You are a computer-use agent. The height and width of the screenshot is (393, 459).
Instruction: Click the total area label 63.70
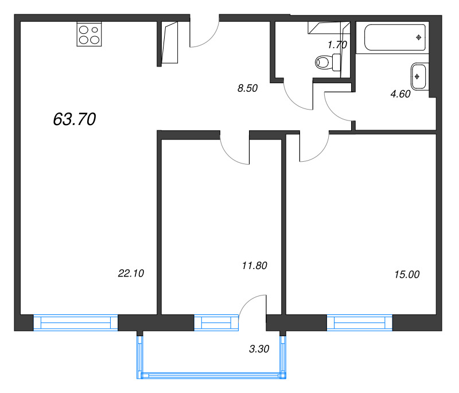point(74,119)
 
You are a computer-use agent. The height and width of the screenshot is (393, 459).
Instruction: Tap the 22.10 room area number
point(130,274)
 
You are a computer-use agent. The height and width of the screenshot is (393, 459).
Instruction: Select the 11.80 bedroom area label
point(255,265)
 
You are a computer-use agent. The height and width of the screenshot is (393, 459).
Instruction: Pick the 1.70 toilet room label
point(337,44)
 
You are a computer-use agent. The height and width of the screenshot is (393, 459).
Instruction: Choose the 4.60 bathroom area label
point(400,95)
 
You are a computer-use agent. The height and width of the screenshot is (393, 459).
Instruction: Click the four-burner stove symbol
point(90,35)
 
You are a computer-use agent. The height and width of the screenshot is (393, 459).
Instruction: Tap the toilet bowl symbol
point(327,62)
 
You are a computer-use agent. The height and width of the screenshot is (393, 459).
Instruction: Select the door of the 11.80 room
point(236,150)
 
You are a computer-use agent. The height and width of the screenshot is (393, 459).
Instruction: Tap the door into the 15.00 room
point(313,147)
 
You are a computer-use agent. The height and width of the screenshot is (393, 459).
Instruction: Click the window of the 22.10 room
point(76,323)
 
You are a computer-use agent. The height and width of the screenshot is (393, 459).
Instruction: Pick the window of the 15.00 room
point(360,323)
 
